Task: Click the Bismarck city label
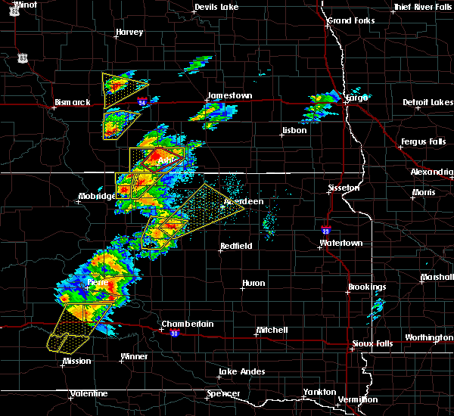click(73, 102)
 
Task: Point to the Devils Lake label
click(216, 7)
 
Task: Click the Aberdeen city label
click(244, 201)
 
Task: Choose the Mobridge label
click(97, 197)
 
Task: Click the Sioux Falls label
click(373, 344)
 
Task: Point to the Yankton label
click(322, 392)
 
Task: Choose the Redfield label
click(236, 247)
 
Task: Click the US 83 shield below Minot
click(24, 57)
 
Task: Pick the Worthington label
click(429, 337)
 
